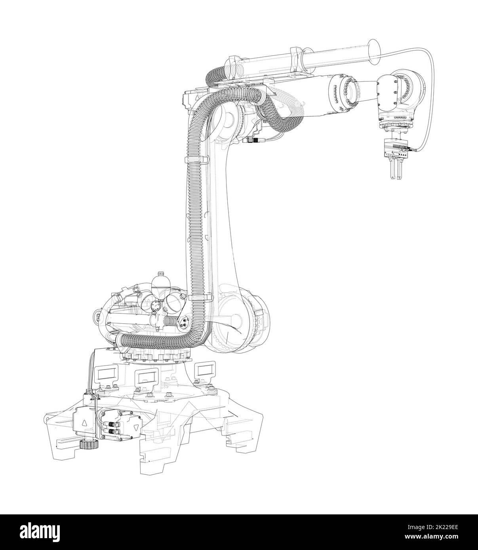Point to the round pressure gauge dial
[155, 304]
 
